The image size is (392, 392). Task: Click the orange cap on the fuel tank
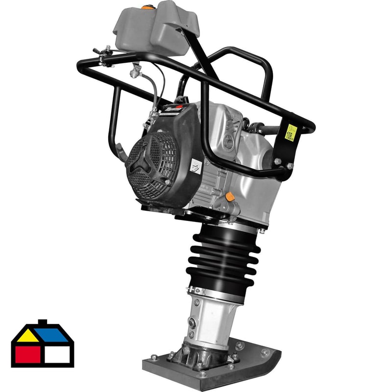[x=146, y=7]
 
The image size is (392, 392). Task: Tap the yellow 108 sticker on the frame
[x=291, y=132]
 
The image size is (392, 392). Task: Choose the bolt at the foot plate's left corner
[x=154, y=357]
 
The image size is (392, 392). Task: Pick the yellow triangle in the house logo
[x=27, y=335]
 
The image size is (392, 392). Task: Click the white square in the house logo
[x=59, y=354]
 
